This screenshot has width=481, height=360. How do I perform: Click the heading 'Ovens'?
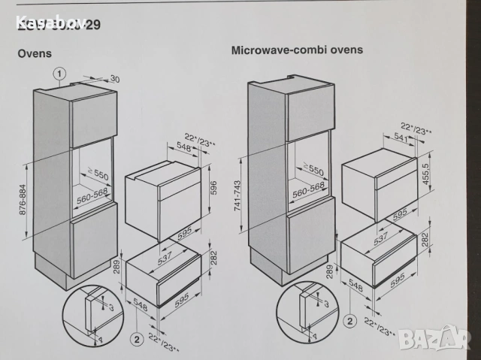[35, 54]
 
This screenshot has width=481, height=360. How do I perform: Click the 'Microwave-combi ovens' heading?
[297, 50]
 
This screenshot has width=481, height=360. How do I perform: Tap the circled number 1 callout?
[61, 74]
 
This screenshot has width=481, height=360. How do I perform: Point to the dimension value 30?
[114, 79]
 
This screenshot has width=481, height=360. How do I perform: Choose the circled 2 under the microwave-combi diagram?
[349, 321]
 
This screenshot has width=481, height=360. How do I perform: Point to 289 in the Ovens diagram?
[115, 267]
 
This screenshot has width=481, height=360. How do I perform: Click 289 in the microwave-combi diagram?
[329, 271]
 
